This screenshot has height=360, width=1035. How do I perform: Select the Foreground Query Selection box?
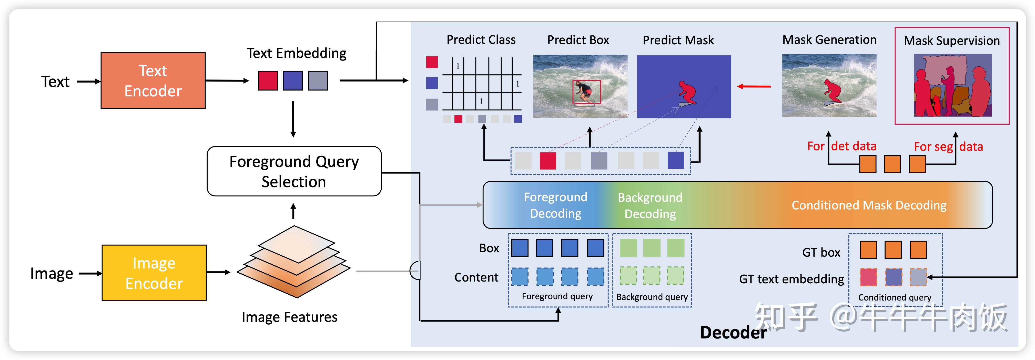pyautogui.click(x=294, y=171)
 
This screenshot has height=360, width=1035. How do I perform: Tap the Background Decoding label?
pyautogui.click(x=650, y=205)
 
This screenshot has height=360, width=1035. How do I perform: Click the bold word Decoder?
pyautogui.click(x=733, y=333)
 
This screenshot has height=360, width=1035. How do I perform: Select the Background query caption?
pyautogui.click(x=652, y=297)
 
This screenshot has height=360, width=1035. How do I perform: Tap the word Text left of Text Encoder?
pyautogui.click(x=55, y=82)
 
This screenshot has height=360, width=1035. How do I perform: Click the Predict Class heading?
pyautogui.click(x=481, y=40)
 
